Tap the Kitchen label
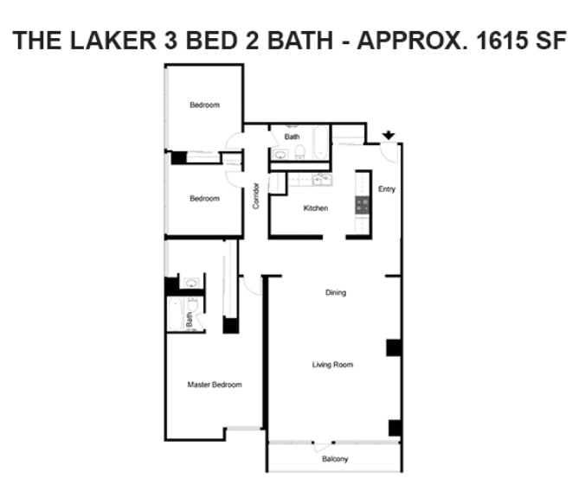tap(315, 208)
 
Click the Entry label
tap(387, 189)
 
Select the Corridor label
tap(256, 196)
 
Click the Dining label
tap(335, 292)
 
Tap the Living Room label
tap(333, 365)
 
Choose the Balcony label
tap(335, 459)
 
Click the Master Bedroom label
tap(215, 385)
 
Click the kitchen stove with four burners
tap(363, 205)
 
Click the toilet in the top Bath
tap(299, 153)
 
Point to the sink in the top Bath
tap(280, 155)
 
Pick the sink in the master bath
tap(190, 283)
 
